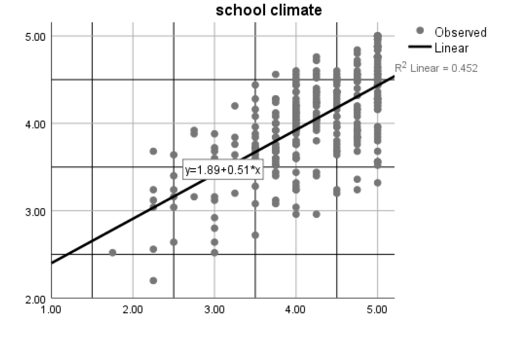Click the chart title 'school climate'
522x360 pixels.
tap(269, 10)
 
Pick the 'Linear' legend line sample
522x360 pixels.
tap(420, 47)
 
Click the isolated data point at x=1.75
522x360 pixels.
tap(113, 252)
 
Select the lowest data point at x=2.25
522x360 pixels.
tap(153, 280)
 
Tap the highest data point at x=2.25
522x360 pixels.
tap(153, 151)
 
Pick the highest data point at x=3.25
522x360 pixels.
tap(235, 106)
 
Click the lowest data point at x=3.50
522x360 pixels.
tap(255, 235)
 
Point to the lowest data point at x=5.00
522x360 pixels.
tap(378, 183)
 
